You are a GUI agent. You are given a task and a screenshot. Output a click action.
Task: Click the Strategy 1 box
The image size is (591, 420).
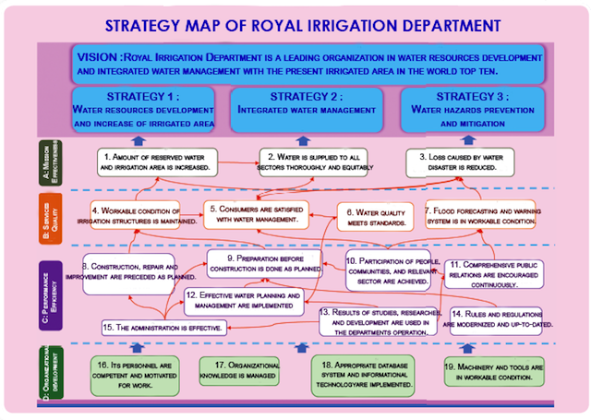coord(143,108)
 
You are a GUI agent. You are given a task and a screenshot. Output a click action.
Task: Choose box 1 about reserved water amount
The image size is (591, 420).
coord(157,162)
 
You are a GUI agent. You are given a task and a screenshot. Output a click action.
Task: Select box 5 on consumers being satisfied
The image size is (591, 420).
coord(257,214)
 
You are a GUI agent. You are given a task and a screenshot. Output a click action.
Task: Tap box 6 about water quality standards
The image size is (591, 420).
coord(374,216)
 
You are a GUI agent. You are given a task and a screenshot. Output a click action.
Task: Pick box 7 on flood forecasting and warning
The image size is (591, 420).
coord(481,214)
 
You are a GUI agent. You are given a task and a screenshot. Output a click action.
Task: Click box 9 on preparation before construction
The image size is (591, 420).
coord(264,264)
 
